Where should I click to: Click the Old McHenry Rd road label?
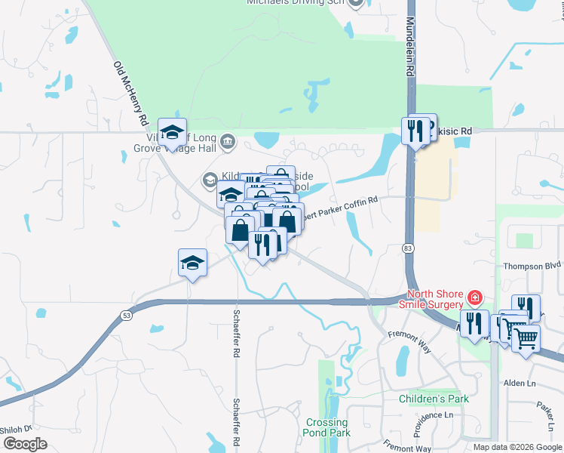pyautogui.click(x=130, y=94)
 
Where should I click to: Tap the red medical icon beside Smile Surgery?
pyautogui.click(x=474, y=295)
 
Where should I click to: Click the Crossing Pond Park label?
pyautogui.click(x=328, y=428)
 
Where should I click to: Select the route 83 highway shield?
pyautogui.click(x=407, y=248)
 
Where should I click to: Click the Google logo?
pyautogui.click(x=25, y=444)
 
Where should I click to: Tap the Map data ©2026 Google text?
pyautogui.click(x=516, y=447)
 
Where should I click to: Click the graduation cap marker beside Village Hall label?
pyautogui.click(x=173, y=134)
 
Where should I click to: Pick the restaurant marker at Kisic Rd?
pyautogui.click(x=415, y=130)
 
